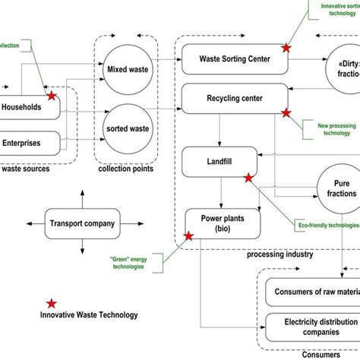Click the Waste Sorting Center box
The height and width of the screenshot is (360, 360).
coord(235,58)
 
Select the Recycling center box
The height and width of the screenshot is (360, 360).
coord(235,99)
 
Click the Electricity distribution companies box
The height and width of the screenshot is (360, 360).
coord(311,326)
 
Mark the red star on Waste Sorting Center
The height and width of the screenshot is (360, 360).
coord(286,47)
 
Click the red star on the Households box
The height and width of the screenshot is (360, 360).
coord(52,96)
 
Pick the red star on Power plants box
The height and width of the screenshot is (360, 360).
coord(189,236)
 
